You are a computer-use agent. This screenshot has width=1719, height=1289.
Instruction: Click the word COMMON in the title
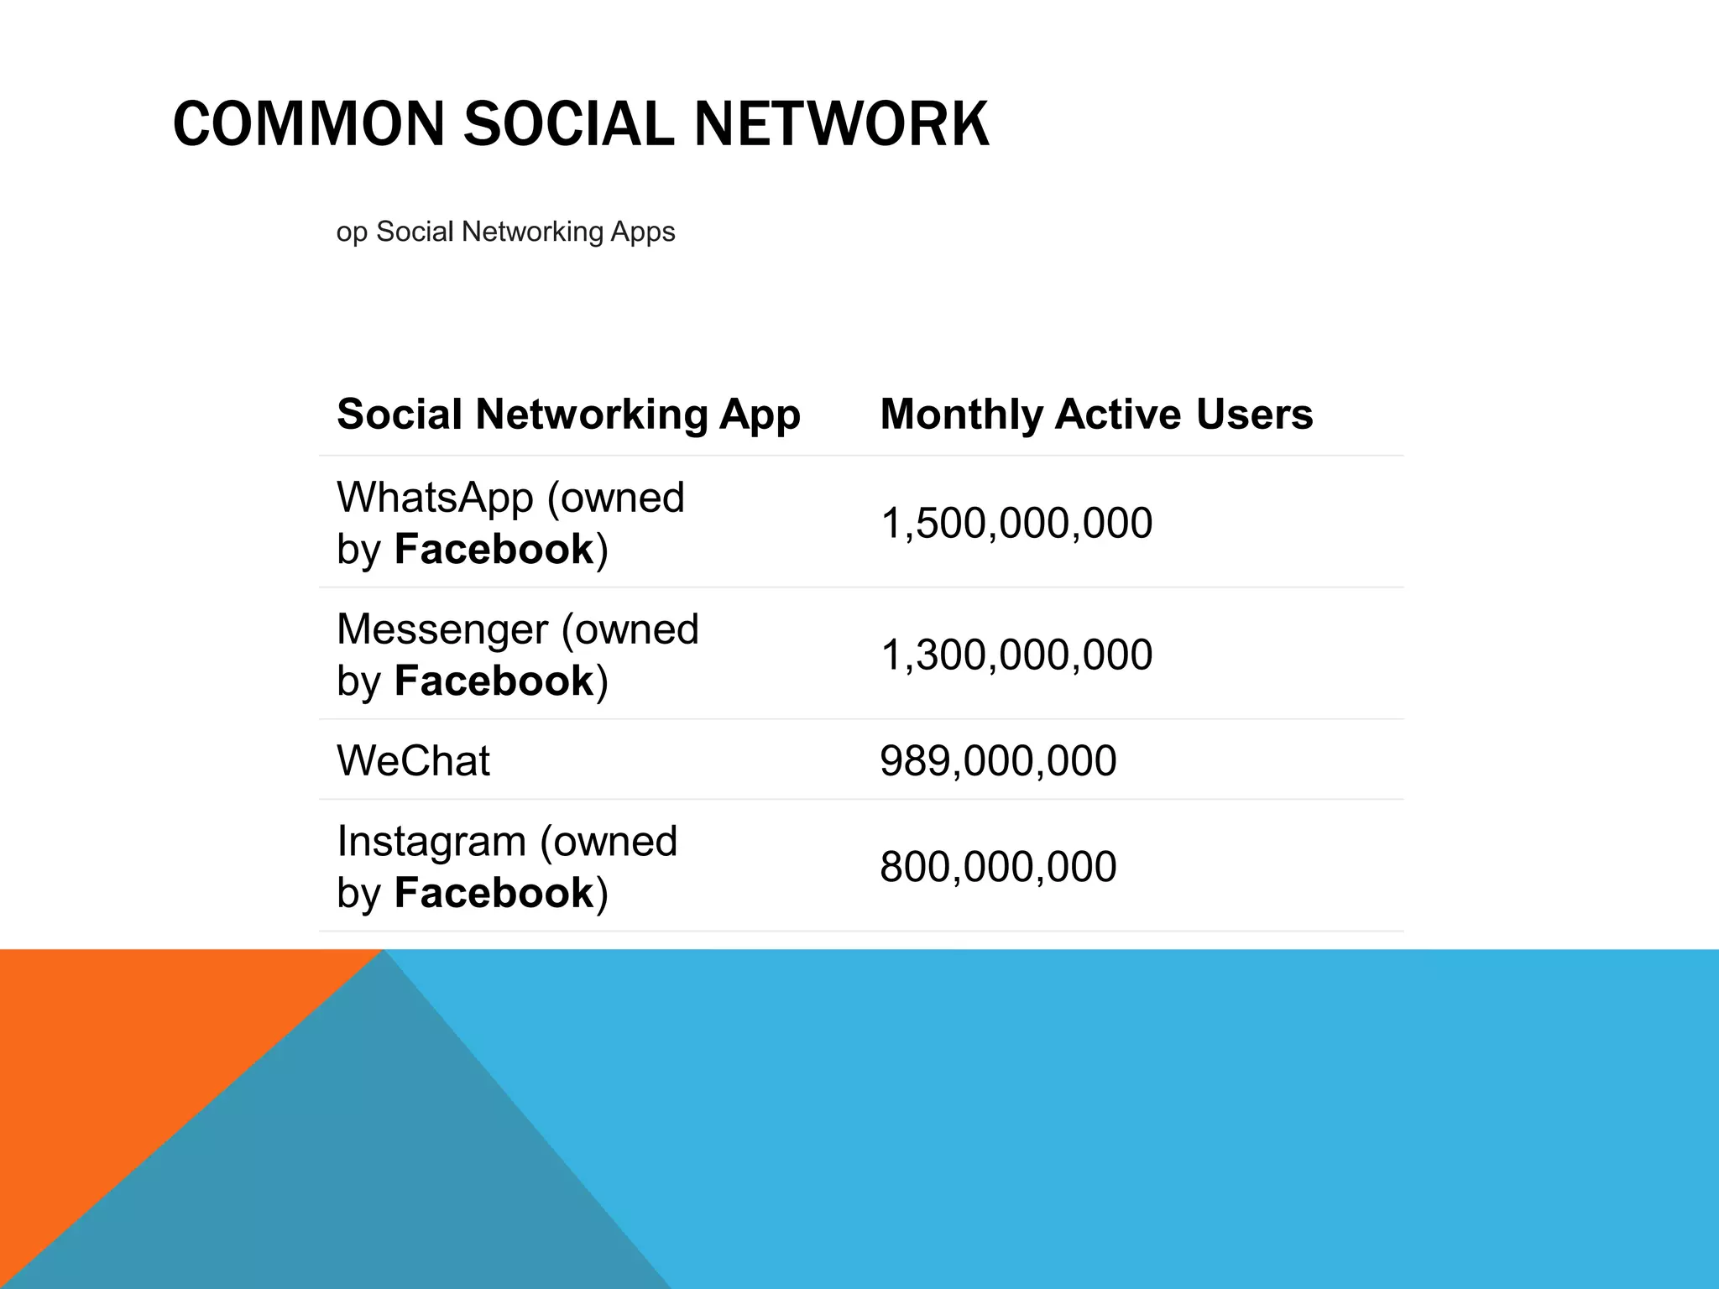pos(308,124)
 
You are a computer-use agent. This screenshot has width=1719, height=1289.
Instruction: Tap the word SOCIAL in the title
pos(568,124)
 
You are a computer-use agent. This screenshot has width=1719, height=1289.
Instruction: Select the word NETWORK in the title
pos(841,124)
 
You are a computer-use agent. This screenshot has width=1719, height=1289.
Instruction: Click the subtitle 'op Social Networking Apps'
pos(505,232)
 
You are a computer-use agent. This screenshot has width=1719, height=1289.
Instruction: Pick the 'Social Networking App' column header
pos(568,415)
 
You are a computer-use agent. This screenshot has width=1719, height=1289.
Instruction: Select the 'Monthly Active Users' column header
pos(1096,415)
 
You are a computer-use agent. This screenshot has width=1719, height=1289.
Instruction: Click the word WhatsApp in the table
pos(435,498)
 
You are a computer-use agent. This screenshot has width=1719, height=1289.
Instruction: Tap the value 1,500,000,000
pos(1016,523)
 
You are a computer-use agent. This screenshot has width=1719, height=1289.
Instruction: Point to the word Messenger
pos(442,629)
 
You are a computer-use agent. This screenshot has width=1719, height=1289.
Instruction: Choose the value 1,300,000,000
pos(1016,655)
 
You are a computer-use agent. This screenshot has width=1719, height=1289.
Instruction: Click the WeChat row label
pos(413,761)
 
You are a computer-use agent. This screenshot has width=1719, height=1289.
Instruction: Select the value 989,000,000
pos(998,761)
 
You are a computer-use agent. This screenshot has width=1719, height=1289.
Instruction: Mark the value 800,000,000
pos(998,867)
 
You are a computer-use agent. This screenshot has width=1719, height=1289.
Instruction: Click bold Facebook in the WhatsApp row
pos(494,550)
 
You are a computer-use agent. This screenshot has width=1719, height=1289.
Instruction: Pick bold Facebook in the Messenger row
pos(494,681)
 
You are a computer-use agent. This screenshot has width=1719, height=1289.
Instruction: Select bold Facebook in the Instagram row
pos(494,893)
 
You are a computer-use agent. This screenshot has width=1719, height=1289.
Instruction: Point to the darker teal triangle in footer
pos(353,1175)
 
